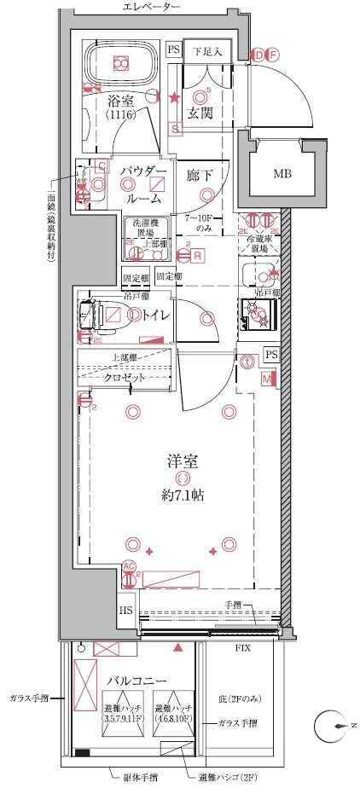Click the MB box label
coord(282,174)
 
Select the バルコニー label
coord(136,682)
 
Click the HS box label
coord(126,611)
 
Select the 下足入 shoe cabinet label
coord(206,51)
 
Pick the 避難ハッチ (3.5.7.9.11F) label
coord(99,714)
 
